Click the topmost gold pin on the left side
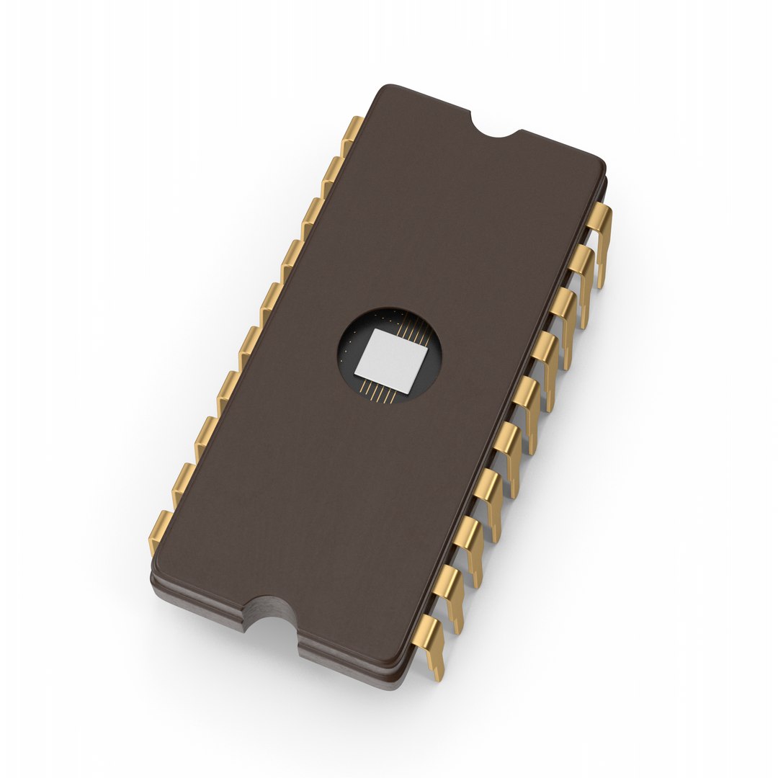click(x=352, y=133)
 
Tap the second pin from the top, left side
click(x=332, y=173)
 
